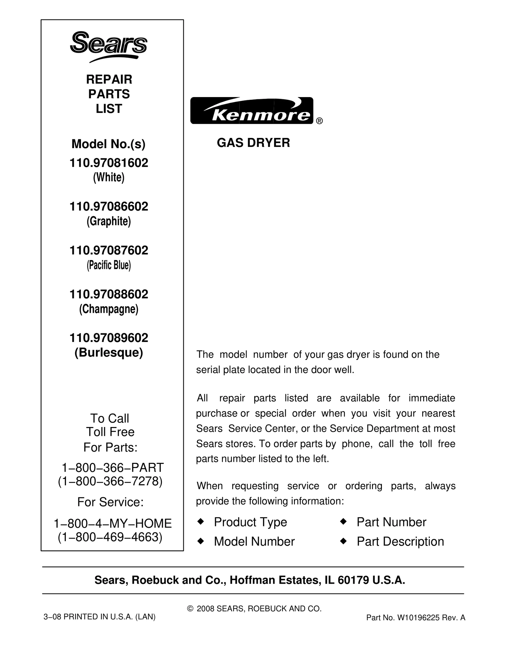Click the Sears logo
click(109, 46)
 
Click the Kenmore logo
click(251, 110)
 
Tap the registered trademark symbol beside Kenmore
click(319, 121)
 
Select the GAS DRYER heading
click(253, 143)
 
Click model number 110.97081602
click(109, 163)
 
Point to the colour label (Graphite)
click(109, 221)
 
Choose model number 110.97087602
click(109, 250)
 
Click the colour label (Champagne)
click(109, 309)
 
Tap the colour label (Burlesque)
click(109, 352)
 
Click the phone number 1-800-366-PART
click(112, 467)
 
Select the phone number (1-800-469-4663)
click(110, 537)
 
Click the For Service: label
click(110, 502)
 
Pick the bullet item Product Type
click(250, 522)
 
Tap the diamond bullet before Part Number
click(343, 521)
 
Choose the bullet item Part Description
click(400, 542)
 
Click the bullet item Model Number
click(254, 542)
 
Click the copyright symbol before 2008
click(190, 609)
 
